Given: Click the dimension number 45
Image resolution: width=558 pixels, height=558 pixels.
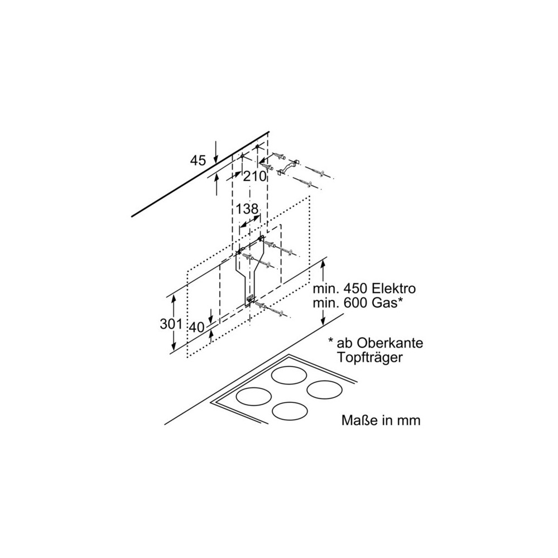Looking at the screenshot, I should (198, 161).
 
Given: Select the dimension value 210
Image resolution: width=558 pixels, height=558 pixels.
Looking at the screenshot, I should (254, 176).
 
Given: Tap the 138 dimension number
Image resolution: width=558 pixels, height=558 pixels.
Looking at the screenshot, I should (247, 210).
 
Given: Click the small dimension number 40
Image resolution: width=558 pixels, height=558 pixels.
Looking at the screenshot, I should (196, 328).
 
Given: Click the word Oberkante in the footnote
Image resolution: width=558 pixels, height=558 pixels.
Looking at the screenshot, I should (379, 343).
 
